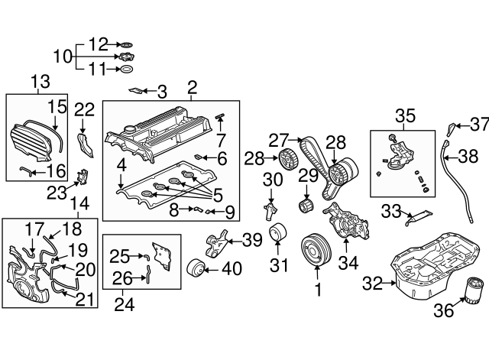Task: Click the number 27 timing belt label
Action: [x=278, y=140]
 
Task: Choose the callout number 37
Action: [x=478, y=124]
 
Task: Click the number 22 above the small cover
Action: [x=86, y=109]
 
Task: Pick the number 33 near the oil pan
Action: [x=391, y=209]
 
